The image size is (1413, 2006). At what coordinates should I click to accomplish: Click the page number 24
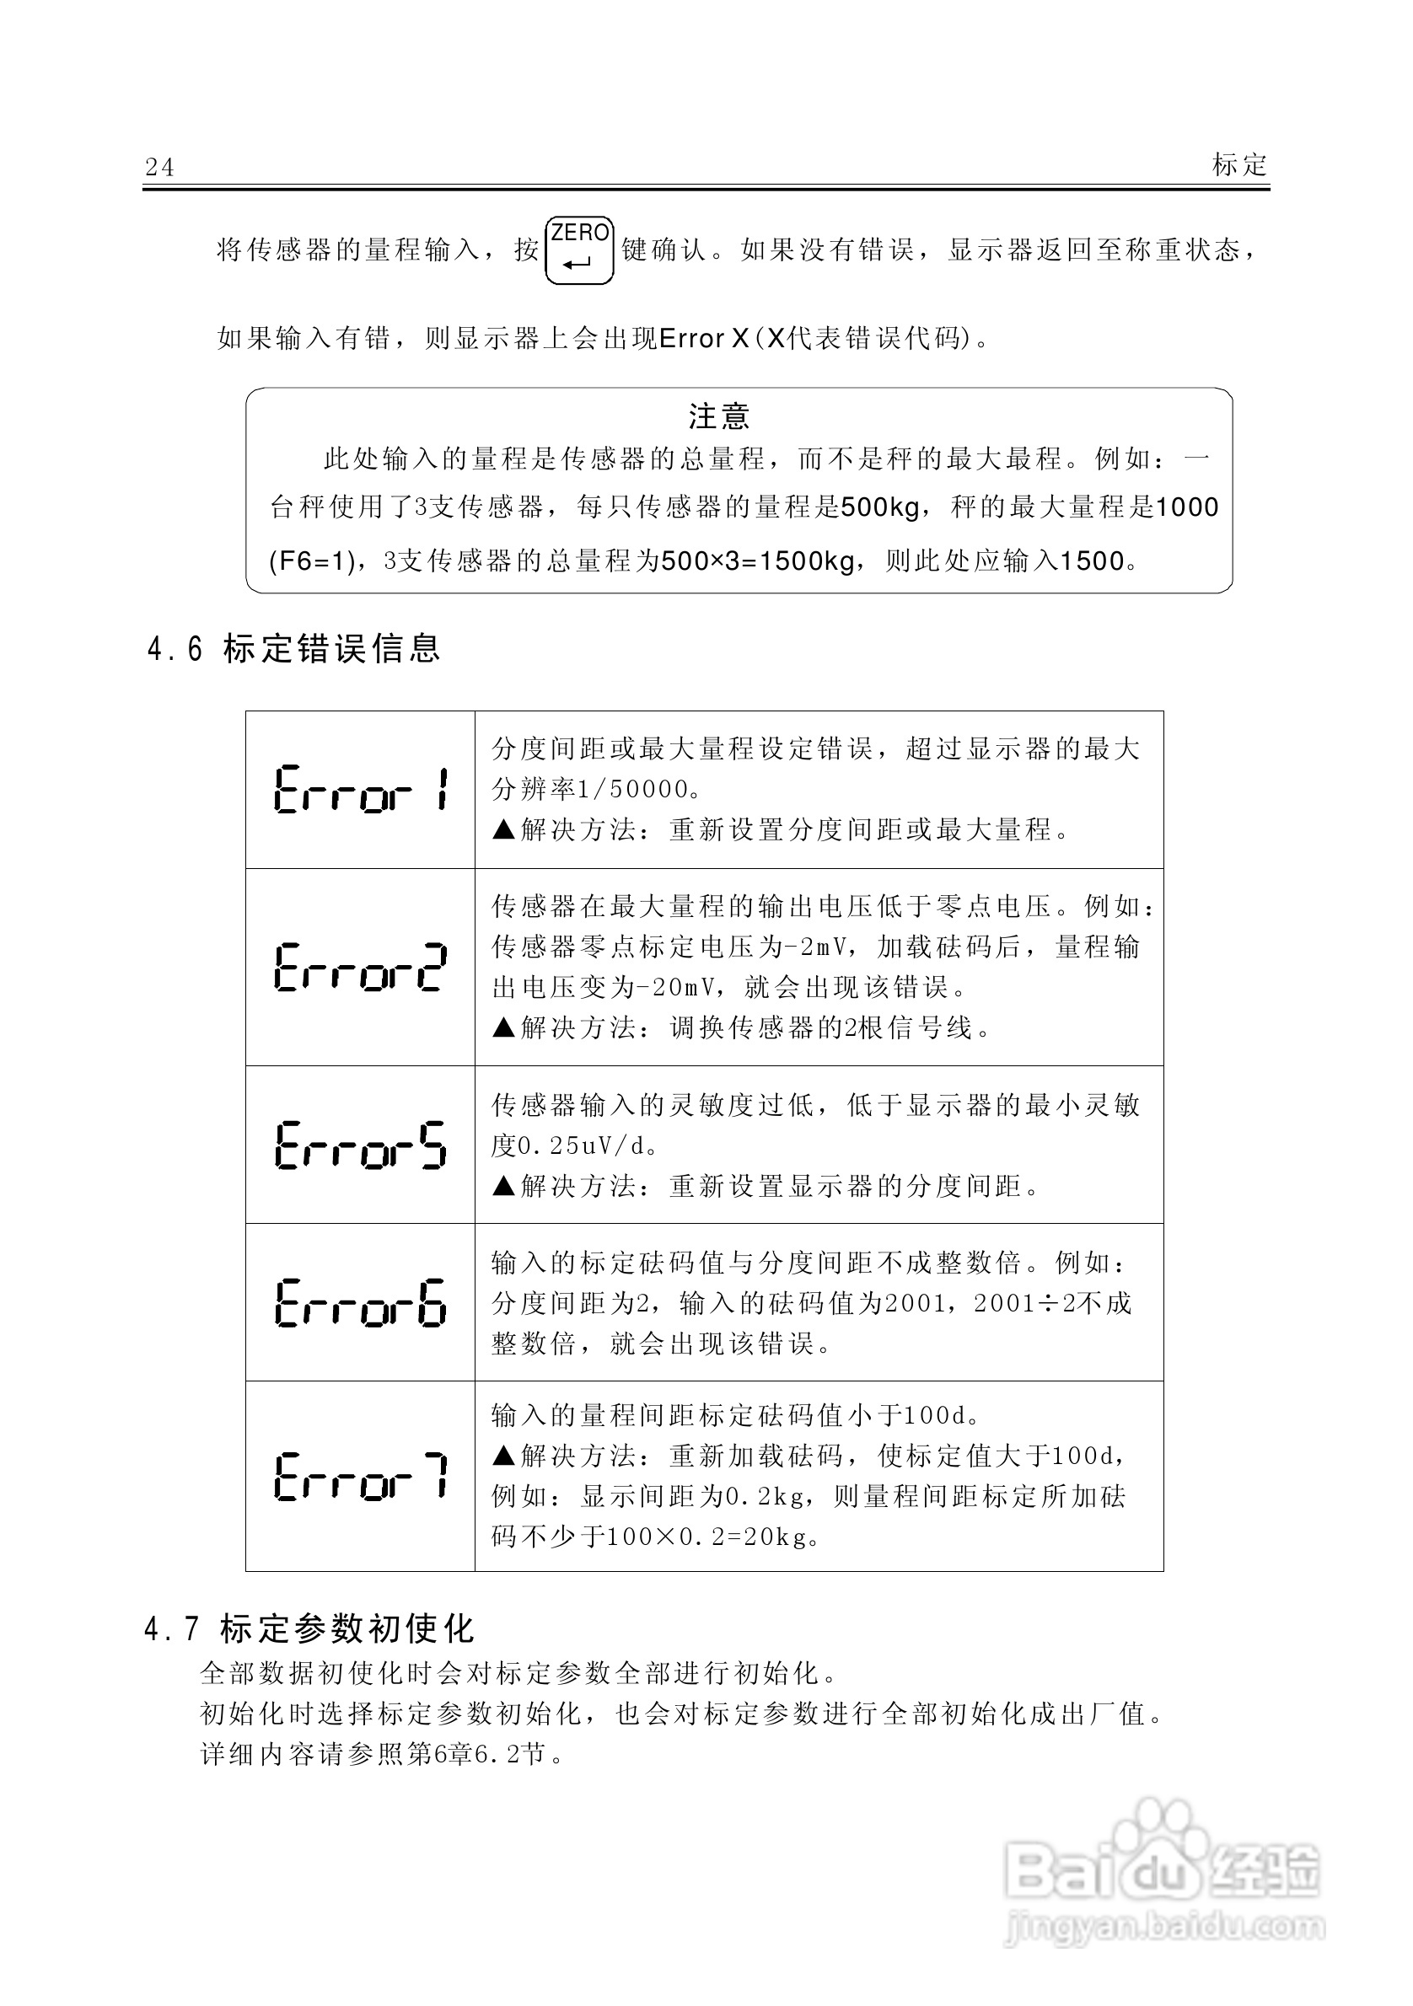160,167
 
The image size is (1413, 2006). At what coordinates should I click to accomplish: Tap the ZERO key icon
579,251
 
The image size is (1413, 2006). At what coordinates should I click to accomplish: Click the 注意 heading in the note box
718,416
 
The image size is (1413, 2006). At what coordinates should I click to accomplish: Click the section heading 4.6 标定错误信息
293,649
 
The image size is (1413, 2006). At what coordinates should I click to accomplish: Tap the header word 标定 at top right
1239,164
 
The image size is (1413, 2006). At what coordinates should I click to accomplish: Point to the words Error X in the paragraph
704,338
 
